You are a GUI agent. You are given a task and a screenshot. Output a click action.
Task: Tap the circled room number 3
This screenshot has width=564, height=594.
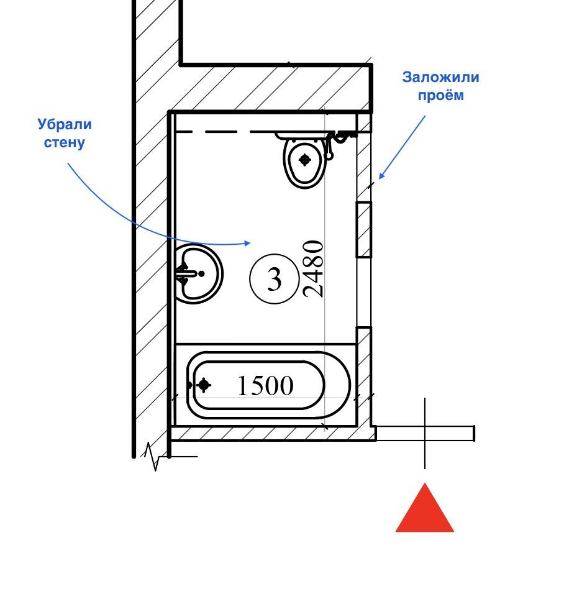coord(274,280)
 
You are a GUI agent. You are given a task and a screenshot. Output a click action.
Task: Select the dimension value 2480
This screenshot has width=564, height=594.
coord(314,269)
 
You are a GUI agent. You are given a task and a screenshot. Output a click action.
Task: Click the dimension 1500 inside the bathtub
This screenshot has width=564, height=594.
coord(265,386)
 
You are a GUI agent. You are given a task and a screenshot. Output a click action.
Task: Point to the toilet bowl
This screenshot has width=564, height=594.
coord(304,163)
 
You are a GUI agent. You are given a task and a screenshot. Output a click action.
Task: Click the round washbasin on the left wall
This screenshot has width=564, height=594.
coord(198,274)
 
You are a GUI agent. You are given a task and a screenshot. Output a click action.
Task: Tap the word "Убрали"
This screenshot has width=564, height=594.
coord(65,125)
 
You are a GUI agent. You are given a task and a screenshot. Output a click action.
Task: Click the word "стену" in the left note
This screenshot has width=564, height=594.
coord(64,142)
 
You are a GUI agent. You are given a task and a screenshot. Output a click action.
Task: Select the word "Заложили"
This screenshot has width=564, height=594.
coord(441,78)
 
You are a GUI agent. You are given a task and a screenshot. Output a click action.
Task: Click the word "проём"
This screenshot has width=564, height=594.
coord(440,96)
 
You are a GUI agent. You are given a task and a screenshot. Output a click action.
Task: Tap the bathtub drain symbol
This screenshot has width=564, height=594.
coord(203,386)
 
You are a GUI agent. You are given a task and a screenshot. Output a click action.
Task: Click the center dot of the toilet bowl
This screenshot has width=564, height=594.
coord(304,160)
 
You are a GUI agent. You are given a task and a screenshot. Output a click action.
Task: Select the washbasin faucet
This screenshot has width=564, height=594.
coord(184,273)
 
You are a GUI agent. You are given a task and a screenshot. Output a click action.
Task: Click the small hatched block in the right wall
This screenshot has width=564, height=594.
coord(363,229)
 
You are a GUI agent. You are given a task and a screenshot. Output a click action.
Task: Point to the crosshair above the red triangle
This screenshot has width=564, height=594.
coord(425,433)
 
